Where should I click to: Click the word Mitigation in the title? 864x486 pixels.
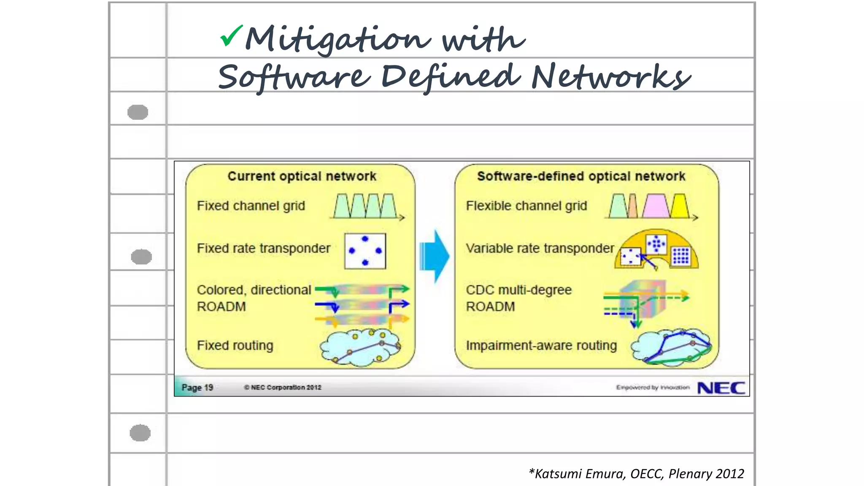click(338, 39)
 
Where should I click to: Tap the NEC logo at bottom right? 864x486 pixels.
click(721, 388)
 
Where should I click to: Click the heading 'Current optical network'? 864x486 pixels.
click(302, 176)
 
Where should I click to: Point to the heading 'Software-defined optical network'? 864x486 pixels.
click(581, 176)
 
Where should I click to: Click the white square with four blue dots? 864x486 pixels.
click(365, 251)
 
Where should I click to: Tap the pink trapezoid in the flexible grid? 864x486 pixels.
click(655, 206)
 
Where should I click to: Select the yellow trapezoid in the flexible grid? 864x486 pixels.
click(680, 206)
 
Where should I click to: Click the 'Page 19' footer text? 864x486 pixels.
click(197, 387)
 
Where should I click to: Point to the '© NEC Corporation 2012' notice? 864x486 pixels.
click(282, 387)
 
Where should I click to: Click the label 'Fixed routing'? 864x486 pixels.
click(235, 346)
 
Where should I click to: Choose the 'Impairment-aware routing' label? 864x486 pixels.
click(541, 346)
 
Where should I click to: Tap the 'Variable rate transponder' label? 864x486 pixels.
click(540, 248)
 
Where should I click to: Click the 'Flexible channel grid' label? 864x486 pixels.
click(526, 206)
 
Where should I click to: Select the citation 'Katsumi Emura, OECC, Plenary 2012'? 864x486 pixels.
click(637, 474)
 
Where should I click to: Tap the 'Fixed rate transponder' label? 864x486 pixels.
click(263, 248)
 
